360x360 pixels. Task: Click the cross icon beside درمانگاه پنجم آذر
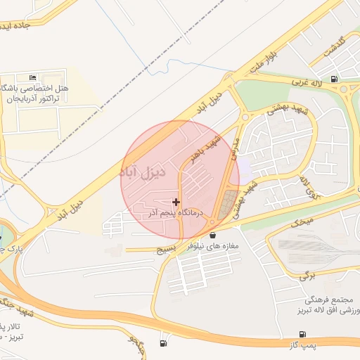tap(176, 202)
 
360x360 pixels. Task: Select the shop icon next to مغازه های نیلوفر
tap(213, 235)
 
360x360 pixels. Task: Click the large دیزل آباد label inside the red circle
tap(143, 172)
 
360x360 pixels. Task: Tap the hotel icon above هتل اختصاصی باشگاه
tap(32, 77)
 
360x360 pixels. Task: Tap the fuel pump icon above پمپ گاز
tap(302, 335)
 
